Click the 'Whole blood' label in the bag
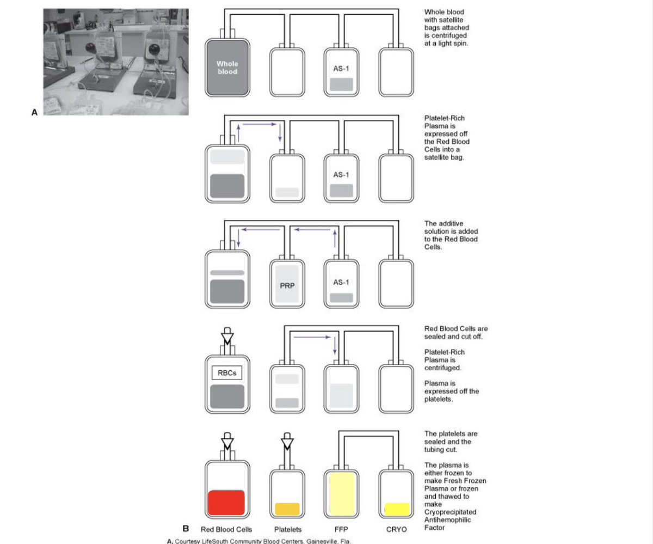pyautogui.click(x=227, y=68)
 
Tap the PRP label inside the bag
pyautogui.click(x=287, y=284)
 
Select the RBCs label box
pyautogui.click(x=227, y=373)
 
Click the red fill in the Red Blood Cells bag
pyautogui.click(x=226, y=502)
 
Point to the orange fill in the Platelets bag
pyautogui.click(x=287, y=509)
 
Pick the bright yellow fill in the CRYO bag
pyautogui.click(x=397, y=509)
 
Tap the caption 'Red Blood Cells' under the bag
pyautogui.click(x=226, y=529)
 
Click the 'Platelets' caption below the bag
pyautogui.click(x=287, y=529)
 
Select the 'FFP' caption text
pyautogui.click(x=342, y=529)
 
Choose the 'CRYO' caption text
pyautogui.click(x=396, y=529)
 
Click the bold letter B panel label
pyautogui.click(x=186, y=528)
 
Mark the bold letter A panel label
pyautogui.click(x=34, y=113)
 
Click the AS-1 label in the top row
pyautogui.click(x=341, y=69)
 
